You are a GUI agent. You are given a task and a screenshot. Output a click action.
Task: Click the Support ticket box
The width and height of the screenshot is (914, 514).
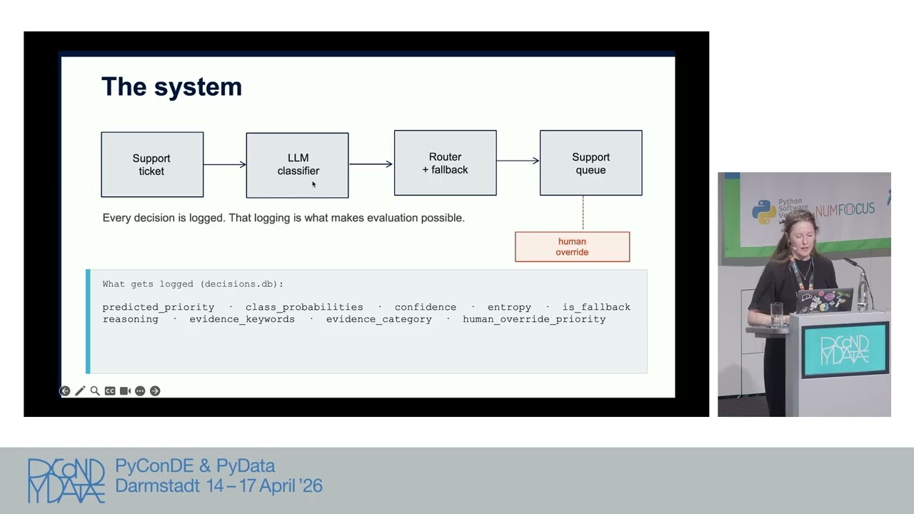click(152, 164)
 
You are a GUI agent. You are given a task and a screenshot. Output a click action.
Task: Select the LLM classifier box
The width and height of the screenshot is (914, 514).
click(298, 165)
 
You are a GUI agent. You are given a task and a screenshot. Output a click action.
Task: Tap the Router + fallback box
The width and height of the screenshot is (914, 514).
click(445, 163)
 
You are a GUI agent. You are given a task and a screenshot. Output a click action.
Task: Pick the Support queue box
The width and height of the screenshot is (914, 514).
click(591, 163)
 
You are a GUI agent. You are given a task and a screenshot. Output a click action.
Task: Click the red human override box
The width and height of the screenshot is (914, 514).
click(572, 247)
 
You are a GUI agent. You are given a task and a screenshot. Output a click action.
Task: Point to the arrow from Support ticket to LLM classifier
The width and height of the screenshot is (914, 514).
click(225, 164)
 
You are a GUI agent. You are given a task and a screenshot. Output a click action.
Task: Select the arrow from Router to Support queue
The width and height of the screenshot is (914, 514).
click(518, 161)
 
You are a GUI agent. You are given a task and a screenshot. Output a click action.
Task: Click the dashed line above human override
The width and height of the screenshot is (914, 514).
click(583, 213)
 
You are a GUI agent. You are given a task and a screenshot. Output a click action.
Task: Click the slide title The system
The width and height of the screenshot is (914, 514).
click(172, 86)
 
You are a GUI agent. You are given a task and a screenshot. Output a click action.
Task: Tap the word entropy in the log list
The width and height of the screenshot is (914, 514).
click(509, 307)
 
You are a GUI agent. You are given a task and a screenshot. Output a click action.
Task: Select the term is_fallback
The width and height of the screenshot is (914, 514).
click(596, 307)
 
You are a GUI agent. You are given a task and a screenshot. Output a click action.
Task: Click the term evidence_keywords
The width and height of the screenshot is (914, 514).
click(242, 319)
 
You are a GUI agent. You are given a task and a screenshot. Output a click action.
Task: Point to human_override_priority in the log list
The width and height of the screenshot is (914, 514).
click(534, 319)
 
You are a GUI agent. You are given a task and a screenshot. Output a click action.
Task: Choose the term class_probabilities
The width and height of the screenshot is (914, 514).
click(304, 307)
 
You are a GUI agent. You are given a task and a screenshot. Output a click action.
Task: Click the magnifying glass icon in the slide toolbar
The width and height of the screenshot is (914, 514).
click(95, 390)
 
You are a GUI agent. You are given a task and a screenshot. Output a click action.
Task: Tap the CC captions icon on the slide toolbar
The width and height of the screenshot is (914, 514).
click(110, 390)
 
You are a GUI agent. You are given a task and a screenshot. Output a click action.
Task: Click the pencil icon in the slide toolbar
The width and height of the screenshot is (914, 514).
click(80, 390)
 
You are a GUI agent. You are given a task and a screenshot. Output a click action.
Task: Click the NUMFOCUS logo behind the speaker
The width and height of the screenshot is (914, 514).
click(845, 210)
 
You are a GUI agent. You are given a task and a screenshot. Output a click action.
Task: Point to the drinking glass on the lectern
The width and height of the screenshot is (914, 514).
click(776, 315)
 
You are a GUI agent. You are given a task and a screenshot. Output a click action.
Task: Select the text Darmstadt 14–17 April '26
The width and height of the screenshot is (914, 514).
click(219, 486)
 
